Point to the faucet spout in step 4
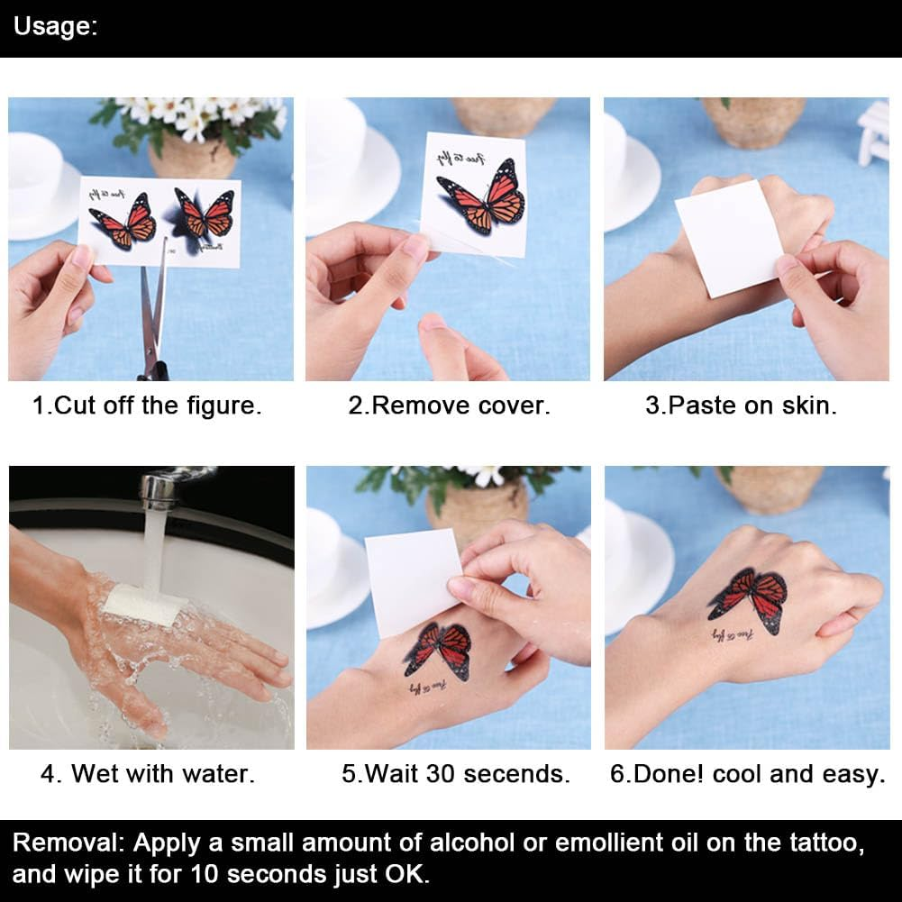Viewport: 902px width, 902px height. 159,491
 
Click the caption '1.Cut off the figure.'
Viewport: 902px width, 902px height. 147,405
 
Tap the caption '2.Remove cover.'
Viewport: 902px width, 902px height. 449,405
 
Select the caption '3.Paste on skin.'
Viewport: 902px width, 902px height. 741,405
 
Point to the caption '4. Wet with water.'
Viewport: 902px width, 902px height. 148,773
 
